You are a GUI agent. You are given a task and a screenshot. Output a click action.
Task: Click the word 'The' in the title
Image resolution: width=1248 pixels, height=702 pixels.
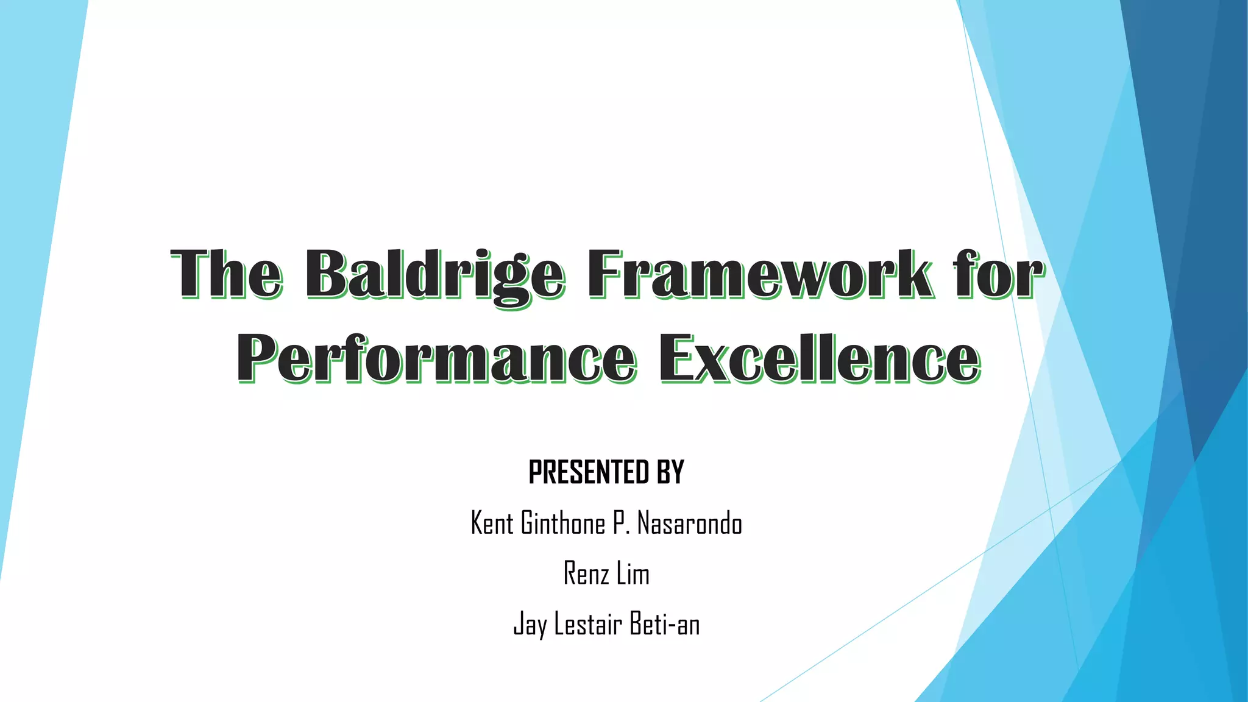click(227, 274)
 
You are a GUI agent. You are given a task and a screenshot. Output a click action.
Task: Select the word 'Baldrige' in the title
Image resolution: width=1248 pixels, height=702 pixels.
click(434, 275)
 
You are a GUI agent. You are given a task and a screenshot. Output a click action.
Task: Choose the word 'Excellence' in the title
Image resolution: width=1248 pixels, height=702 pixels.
click(820, 360)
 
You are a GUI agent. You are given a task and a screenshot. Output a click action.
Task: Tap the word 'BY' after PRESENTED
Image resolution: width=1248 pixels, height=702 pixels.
click(671, 472)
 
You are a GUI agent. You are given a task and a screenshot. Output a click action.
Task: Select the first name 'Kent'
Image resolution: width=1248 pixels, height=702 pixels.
click(492, 523)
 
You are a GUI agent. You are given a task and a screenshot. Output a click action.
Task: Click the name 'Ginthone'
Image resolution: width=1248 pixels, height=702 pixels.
click(563, 523)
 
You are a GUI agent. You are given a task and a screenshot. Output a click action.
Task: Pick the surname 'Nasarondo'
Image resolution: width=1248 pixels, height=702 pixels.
click(690, 523)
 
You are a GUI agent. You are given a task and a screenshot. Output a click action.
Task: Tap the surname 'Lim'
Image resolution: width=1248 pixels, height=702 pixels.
click(633, 573)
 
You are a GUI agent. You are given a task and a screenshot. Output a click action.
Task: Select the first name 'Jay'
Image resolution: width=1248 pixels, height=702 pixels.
click(530, 625)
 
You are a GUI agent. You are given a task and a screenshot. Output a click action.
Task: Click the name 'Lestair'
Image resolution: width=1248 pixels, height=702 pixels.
click(588, 624)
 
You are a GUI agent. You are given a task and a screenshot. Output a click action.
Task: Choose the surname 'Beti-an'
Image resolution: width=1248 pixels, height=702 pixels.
click(665, 624)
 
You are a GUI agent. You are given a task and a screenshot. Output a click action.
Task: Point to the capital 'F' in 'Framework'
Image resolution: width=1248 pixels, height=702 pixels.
click(608, 274)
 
